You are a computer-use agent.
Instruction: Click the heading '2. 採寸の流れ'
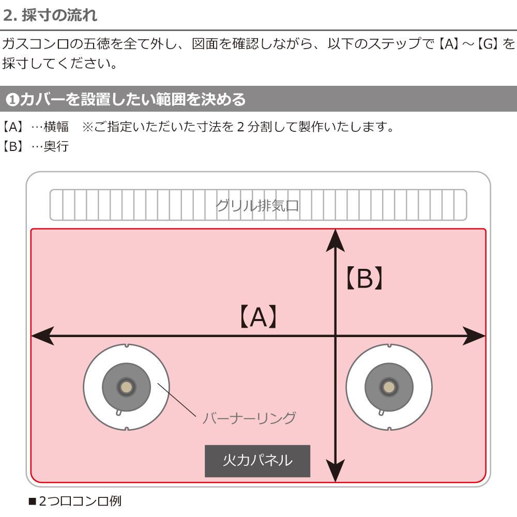click(x=50, y=15)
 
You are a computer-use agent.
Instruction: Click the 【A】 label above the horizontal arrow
click(x=258, y=316)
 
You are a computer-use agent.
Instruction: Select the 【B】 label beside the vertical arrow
click(x=364, y=278)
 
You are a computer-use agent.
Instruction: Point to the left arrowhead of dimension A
click(x=42, y=336)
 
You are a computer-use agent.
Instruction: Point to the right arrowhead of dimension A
click(x=474, y=336)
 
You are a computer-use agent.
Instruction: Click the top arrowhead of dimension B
click(x=336, y=241)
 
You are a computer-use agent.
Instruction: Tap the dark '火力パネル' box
click(x=257, y=461)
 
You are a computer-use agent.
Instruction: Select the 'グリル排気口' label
click(x=257, y=206)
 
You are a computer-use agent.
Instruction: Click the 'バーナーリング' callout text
click(x=249, y=418)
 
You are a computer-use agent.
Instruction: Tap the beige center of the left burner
click(x=126, y=387)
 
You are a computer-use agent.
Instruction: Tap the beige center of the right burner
click(x=389, y=387)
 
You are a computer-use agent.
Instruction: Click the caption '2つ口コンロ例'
click(x=80, y=501)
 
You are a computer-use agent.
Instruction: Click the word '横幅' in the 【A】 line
click(x=56, y=127)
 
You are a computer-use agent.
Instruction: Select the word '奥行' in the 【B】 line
click(x=56, y=146)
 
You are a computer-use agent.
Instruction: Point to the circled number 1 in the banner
click(x=12, y=99)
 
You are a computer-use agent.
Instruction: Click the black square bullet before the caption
click(x=32, y=501)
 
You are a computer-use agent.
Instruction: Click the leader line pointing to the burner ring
click(x=177, y=400)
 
